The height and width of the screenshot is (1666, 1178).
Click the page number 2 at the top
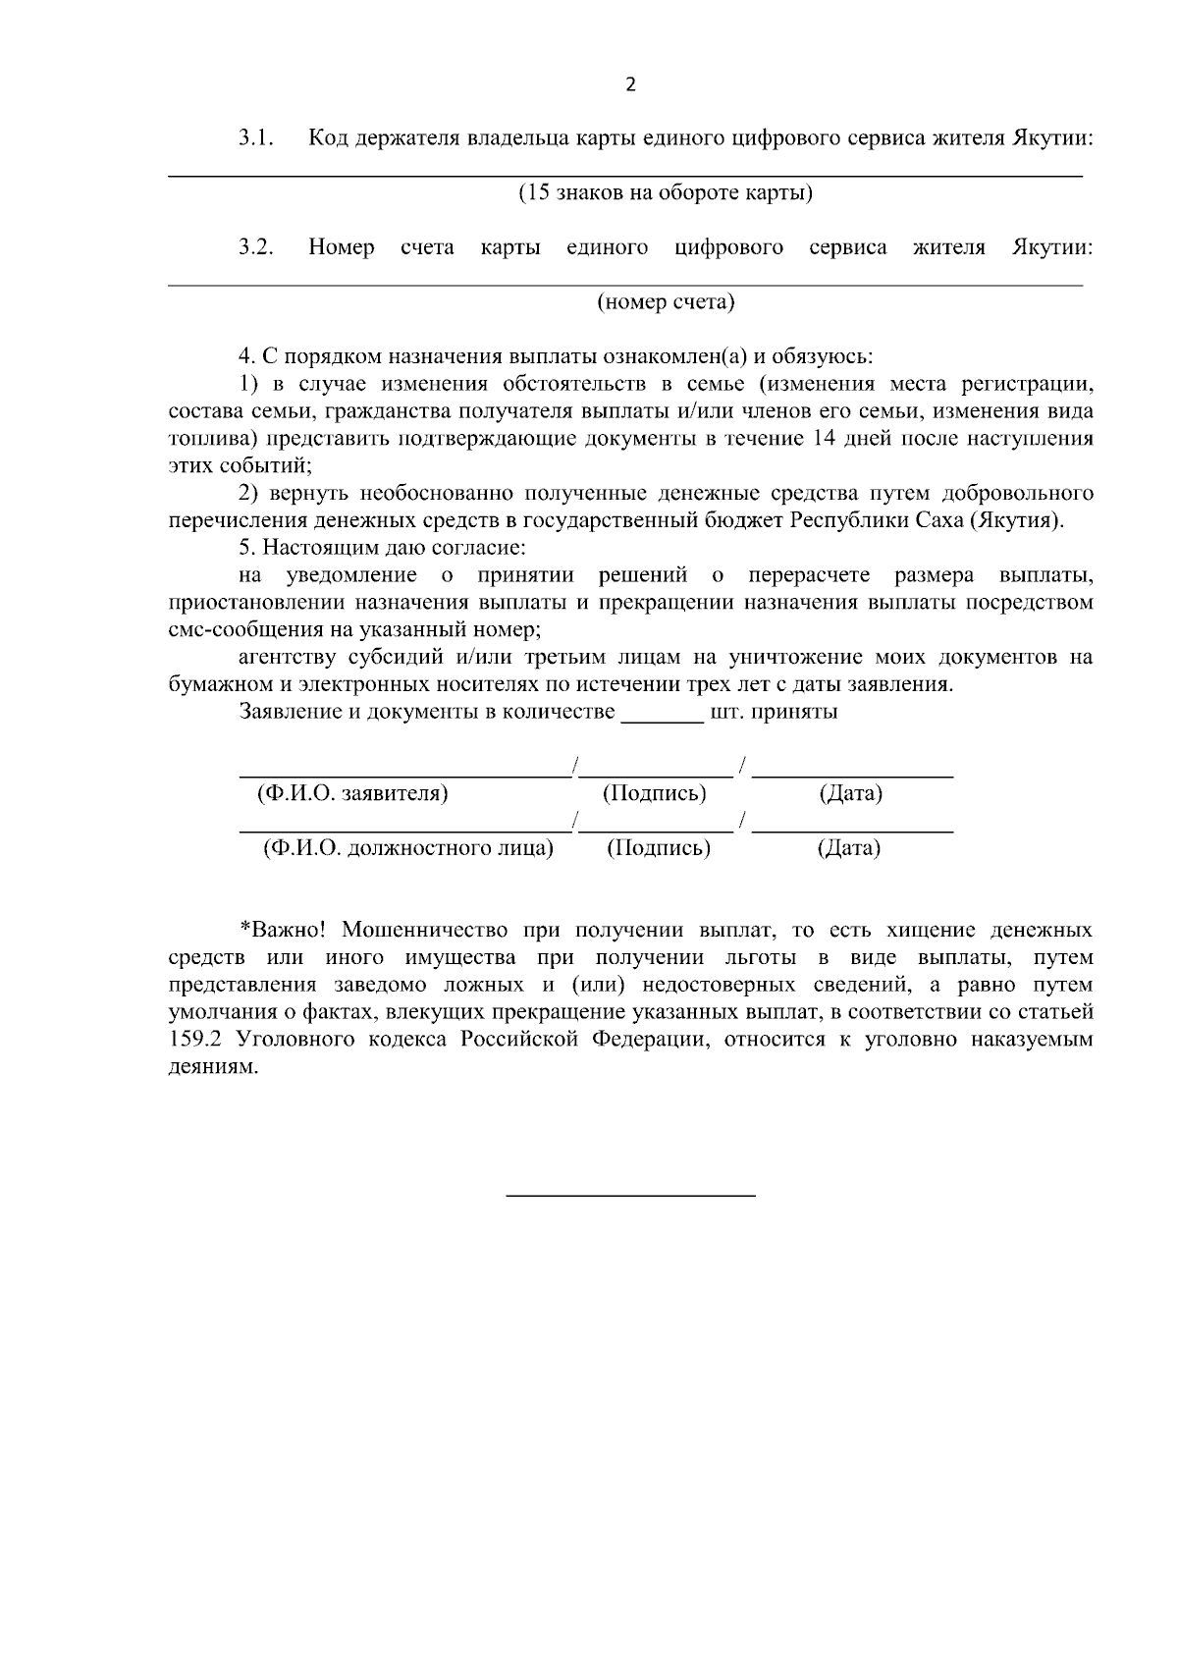pyautogui.click(x=630, y=84)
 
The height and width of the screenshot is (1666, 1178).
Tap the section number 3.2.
pyautogui.click(x=254, y=247)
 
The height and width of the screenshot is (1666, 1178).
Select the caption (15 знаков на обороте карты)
pyautogui.click(x=665, y=192)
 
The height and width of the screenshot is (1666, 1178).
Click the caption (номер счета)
pyautogui.click(x=666, y=302)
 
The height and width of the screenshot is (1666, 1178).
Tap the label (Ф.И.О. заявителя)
pyautogui.click(x=351, y=793)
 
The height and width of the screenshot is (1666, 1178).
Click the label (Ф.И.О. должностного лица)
pyautogui.click(x=407, y=848)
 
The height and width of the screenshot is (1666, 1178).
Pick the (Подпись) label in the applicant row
pyautogui.click(x=654, y=793)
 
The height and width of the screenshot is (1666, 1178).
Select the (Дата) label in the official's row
pyautogui.click(x=848, y=848)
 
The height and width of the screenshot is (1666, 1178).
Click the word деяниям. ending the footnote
pyautogui.click(x=213, y=1066)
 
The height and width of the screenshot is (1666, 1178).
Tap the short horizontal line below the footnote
pyautogui.click(x=630, y=1195)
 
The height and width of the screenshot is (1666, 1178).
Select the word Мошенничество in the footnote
pyautogui.click(x=425, y=929)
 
